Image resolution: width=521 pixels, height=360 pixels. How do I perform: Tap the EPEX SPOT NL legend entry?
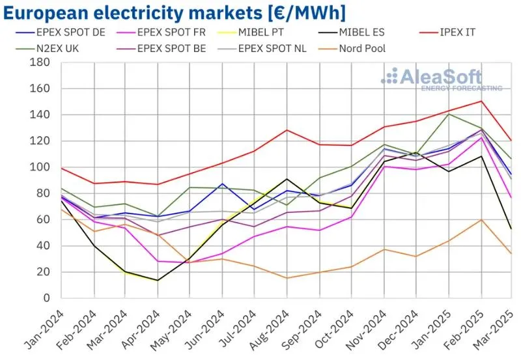[x=273, y=48]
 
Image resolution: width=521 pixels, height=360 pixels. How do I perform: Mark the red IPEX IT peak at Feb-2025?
[x=481, y=101]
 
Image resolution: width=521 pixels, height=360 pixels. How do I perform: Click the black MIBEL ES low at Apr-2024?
[x=158, y=281]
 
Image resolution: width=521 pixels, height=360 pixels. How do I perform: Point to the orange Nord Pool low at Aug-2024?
[x=287, y=278]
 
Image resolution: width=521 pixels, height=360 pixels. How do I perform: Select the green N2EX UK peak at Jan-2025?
[x=449, y=114]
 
